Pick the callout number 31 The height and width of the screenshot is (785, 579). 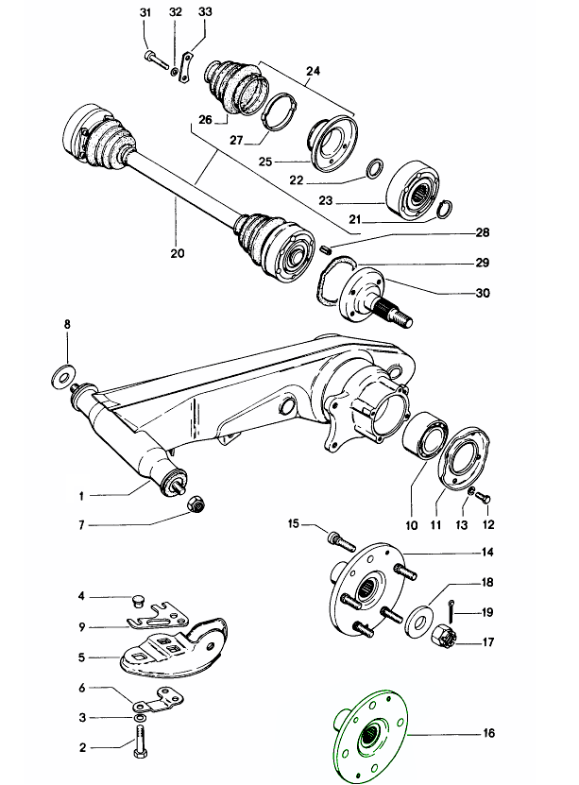145,12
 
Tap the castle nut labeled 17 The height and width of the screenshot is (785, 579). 446,640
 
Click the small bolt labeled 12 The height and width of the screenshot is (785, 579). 485,497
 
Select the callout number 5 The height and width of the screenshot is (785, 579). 82,656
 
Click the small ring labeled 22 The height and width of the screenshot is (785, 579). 372,167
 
